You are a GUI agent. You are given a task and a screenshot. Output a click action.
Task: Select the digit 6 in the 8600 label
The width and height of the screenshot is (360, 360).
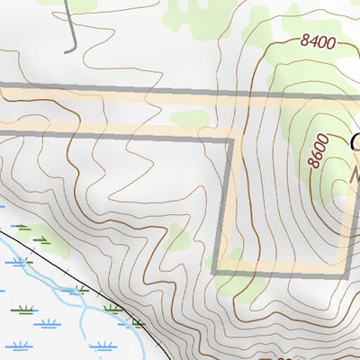pos(316,154)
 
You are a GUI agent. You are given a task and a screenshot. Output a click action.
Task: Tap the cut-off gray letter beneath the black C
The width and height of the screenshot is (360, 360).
pos(355,171)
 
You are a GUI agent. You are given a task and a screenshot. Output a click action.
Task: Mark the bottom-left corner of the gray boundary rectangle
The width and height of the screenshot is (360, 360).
pos(216,271)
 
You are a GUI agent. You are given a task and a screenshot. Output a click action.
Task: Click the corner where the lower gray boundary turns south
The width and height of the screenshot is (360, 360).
pos(233,138)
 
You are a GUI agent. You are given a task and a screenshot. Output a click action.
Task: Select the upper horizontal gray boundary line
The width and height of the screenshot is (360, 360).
pos(135,90)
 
